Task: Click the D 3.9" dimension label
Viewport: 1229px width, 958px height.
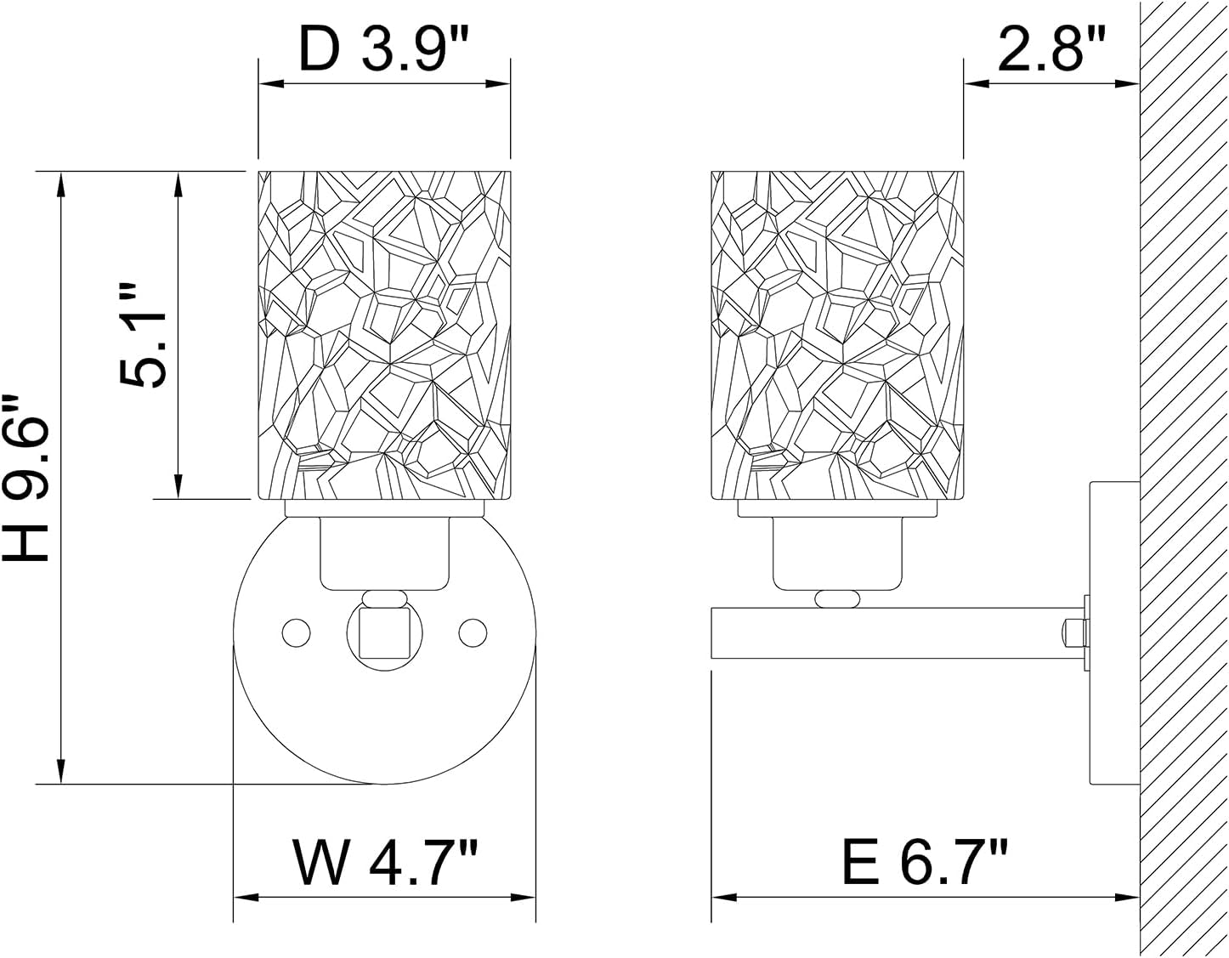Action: click(x=384, y=53)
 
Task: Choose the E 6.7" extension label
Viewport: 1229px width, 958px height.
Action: click(x=925, y=861)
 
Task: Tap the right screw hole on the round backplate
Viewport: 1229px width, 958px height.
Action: click(x=471, y=632)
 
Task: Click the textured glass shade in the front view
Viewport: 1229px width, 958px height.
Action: click(x=384, y=335)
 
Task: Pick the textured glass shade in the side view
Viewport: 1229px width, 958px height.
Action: click(x=837, y=335)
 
